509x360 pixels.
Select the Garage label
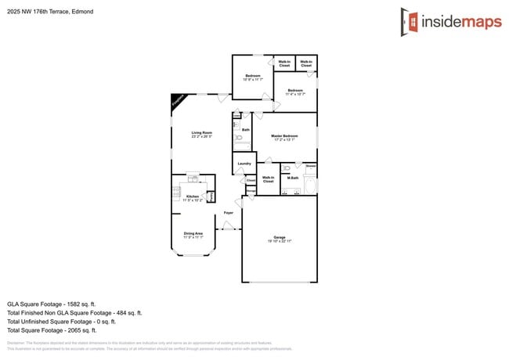pyautogui.click(x=279, y=237)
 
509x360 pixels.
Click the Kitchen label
pyautogui.click(x=192, y=196)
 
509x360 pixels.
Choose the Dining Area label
pyautogui.click(x=193, y=233)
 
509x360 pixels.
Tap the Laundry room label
pyautogui.click(x=244, y=164)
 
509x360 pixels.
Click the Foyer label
pyautogui.click(x=229, y=212)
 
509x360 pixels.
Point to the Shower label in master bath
pyautogui.click(x=311, y=166)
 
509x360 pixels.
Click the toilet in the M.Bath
pyautogui.click(x=287, y=167)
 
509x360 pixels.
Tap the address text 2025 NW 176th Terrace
pyautogui.click(x=47, y=12)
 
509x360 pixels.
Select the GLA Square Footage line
pyautogui.click(x=51, y=304)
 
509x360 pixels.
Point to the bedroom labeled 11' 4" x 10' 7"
pyautogui.click(x=294, y=92)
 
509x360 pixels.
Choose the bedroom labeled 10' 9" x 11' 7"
pyautogui.click(x=252, y=77)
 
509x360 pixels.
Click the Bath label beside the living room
pyautogui.click(x=245, y=130)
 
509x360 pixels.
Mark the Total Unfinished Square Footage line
pyautogui.click(x=61, y=321)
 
